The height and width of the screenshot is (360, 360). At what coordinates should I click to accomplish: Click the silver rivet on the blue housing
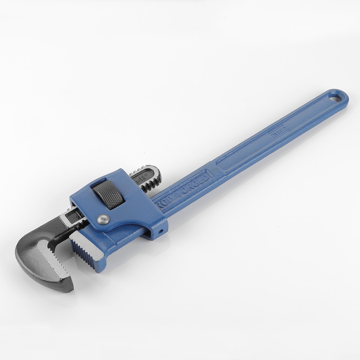pos(103,220)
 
